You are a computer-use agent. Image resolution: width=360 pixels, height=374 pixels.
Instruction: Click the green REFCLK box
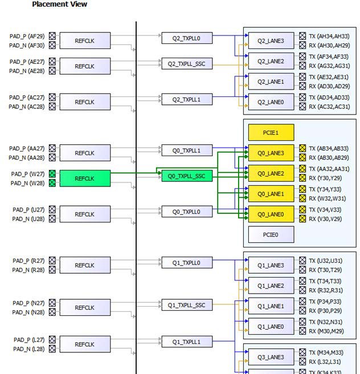pos(84,178)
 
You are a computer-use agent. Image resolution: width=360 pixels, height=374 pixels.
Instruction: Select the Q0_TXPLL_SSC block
pos(187,176)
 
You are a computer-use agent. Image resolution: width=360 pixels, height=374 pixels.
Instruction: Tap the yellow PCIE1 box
pos(271,132)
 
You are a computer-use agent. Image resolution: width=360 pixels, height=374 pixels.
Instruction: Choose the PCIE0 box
pos(271,234)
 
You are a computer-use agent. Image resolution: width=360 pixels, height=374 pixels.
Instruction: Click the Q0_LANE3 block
pos(271,153)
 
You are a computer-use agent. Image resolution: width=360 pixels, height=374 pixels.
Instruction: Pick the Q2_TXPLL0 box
pos(187,38)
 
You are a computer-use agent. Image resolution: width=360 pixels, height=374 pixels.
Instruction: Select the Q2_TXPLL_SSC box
pos(187,64)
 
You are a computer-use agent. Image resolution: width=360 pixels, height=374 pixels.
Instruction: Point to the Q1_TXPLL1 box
pos(187,342)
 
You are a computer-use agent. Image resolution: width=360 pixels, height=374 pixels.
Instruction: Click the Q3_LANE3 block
pos(271,357)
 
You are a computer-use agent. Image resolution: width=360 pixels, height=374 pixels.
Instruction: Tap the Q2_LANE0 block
pos(271,102)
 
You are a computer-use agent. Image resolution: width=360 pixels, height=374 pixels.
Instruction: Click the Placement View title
pos(59,5)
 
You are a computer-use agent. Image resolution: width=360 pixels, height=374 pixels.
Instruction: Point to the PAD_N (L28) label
pos(28,349)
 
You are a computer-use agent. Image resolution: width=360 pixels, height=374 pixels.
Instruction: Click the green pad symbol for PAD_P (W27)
pos(52,174)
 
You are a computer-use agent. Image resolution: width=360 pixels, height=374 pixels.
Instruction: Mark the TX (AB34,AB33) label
pos(329,148)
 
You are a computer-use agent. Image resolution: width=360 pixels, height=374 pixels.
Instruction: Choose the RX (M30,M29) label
pos(326,331)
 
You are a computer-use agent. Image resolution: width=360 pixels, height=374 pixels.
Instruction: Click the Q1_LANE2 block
pos(271,286)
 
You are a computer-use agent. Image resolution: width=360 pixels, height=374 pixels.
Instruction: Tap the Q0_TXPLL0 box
pos(187,212)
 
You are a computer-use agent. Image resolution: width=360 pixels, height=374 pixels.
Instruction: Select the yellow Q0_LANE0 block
pos(271,214)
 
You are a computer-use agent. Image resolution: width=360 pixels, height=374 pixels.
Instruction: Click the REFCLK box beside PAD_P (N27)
pos(84,308)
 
